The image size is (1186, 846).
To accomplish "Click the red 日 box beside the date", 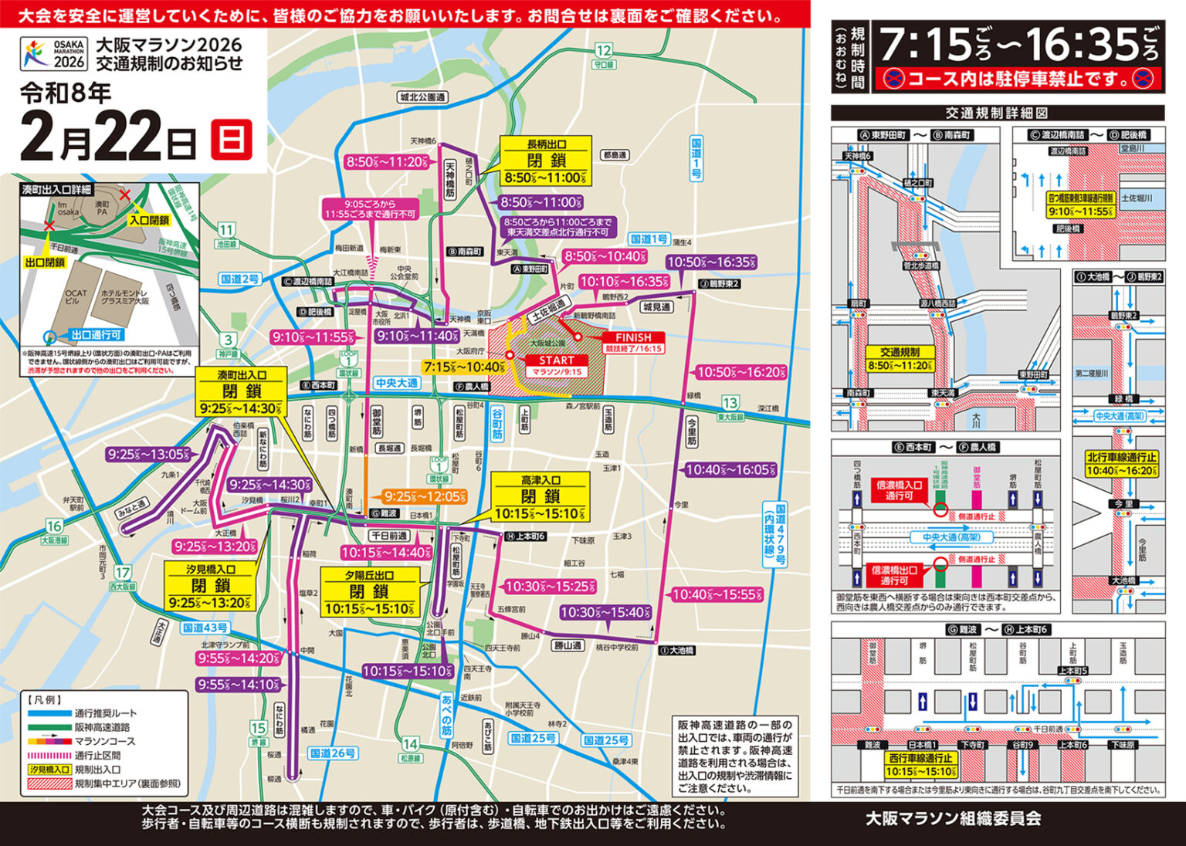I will click(232, 140).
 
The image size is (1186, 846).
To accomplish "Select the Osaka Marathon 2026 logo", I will click(54, 54).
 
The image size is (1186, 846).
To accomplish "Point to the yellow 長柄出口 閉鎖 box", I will click(546, 161).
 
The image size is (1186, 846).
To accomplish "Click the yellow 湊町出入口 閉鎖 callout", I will click(242, 392).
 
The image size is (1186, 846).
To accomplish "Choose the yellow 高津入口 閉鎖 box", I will click(540, 497).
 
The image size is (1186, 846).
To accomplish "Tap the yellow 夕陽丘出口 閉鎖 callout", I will click(369, 592).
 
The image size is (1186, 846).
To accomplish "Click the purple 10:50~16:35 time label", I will click(711, 262).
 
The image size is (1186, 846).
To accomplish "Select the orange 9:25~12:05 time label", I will click(424, 496).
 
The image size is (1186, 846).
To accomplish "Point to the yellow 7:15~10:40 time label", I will click(463, 367).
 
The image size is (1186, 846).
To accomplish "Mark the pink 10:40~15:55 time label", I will click(717, 594).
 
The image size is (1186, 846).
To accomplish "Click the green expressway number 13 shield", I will click(730, 403).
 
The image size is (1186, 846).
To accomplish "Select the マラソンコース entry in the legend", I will click(104, 741).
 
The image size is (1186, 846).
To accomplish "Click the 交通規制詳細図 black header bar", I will click(997, 113).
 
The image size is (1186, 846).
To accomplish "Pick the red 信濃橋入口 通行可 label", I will click(899, 490).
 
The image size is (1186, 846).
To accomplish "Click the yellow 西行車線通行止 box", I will click(920, 764).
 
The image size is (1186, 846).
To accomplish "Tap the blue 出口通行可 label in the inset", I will click(95, 335).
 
